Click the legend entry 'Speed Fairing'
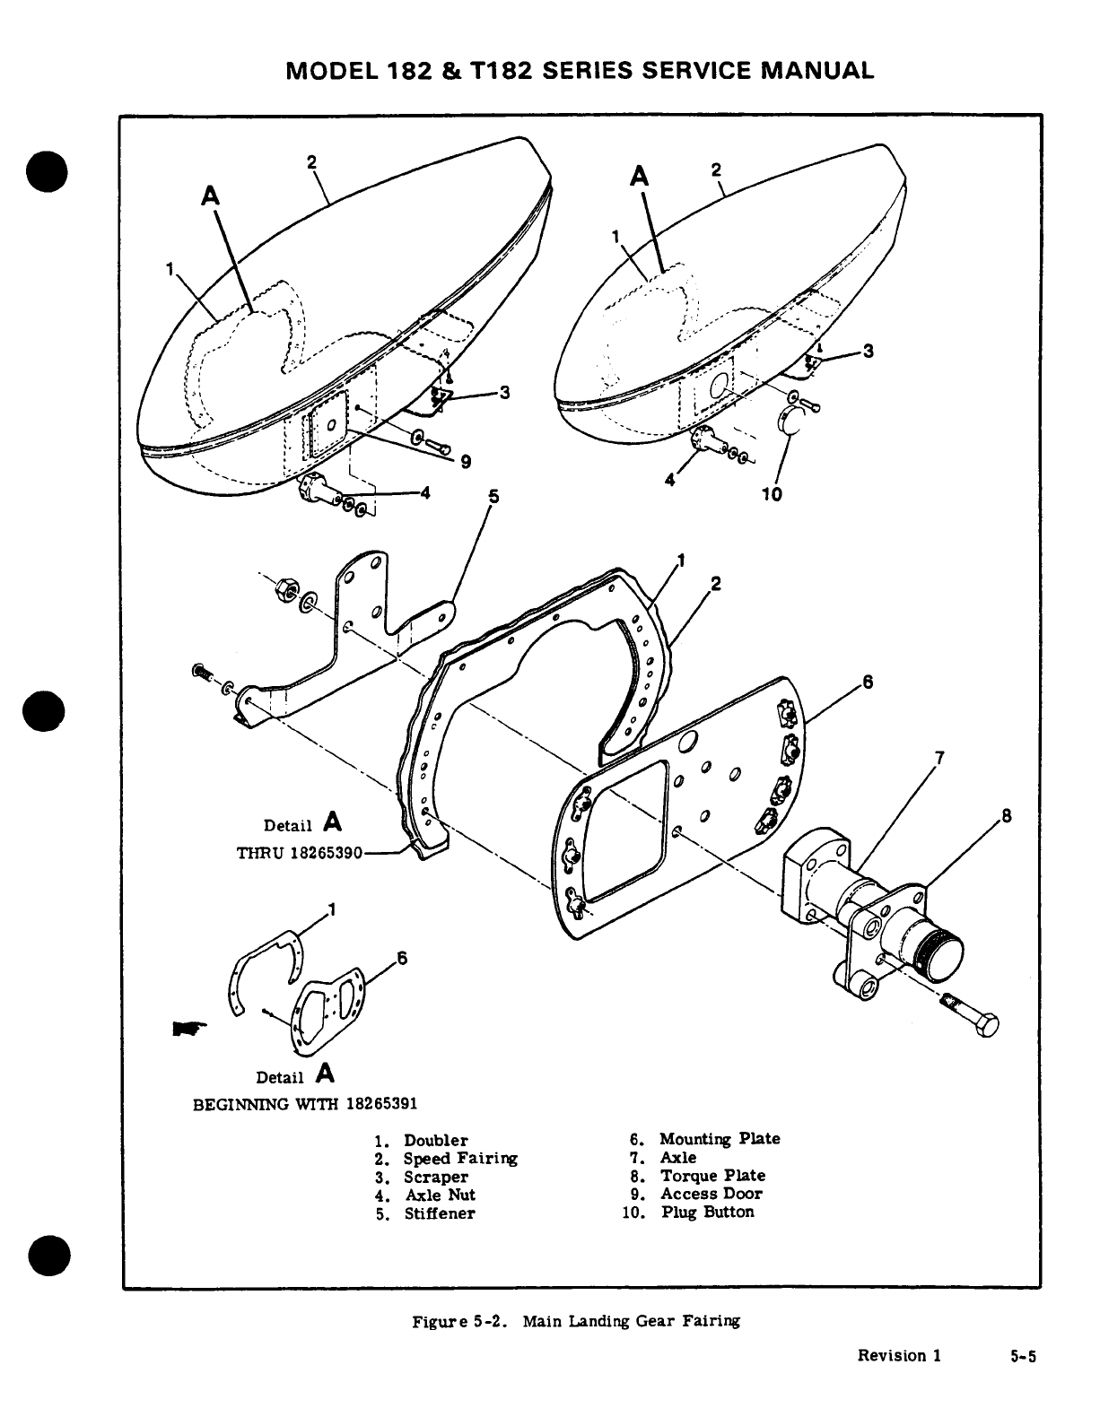[x=460, y=1158]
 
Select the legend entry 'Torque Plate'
[x=712, y=1175]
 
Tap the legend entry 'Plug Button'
[x=707, y=1212]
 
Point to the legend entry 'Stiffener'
[x=439, y=1213]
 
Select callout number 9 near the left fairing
[x=466, y=463]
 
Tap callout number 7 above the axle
[x=938, y=759]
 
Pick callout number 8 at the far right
[x=1006, y=816]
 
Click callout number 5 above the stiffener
[x=493, y=495]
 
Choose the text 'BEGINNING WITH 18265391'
[x=305, y=1101]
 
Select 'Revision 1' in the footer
[x=899, y=1355]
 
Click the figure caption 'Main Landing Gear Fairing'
[x=632, y=1321]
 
